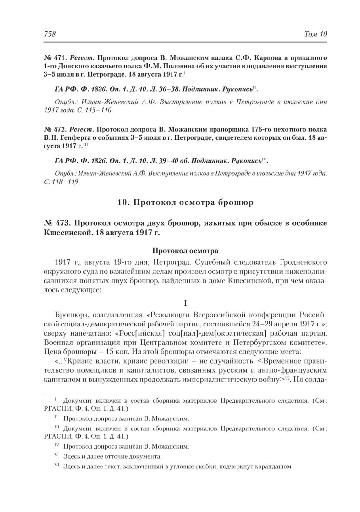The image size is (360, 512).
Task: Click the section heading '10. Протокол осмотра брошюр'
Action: (x=185, y=202)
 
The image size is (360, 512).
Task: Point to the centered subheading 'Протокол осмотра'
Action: (x=185, y=251)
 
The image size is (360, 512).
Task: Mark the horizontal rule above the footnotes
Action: (x=76, y=393)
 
